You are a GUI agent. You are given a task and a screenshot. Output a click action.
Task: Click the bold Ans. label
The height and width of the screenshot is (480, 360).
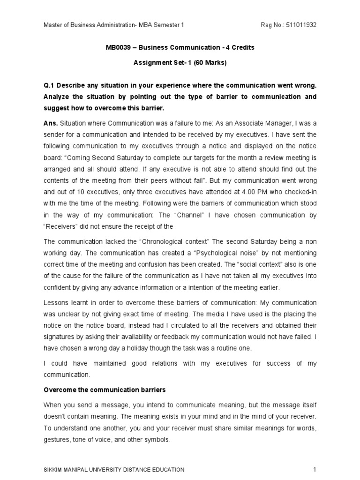click(x=51, y=123)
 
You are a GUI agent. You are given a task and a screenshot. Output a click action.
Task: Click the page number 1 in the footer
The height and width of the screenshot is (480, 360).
click(x=315, y=469)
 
